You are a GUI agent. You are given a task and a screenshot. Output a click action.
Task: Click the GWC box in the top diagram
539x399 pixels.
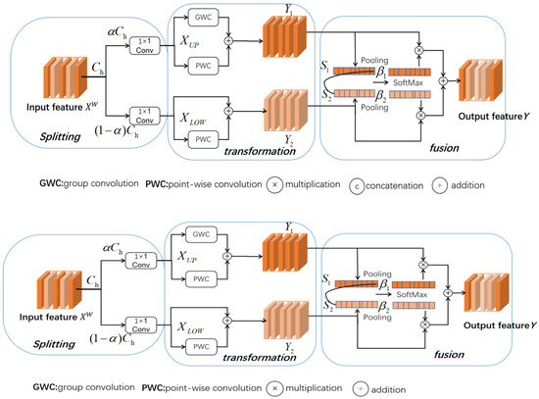203,18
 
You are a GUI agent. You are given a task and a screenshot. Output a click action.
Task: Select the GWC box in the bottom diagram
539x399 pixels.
201,234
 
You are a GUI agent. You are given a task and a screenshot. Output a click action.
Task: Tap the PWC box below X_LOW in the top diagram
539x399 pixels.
203,139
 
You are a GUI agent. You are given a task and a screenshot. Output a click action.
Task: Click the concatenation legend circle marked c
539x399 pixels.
357,186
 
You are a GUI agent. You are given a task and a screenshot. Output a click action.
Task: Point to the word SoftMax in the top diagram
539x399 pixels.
408,82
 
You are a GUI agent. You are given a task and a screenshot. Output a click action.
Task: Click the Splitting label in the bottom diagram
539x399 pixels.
54,344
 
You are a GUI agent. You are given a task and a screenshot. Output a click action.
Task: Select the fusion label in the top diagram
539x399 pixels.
444,148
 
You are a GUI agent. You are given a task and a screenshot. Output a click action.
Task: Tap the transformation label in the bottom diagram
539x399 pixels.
259,358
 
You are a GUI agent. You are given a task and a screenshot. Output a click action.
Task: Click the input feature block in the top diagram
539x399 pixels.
65,77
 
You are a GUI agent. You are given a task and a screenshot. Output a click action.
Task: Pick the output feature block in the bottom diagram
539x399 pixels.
486,293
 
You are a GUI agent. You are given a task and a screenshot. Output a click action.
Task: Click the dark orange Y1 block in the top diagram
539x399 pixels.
284,36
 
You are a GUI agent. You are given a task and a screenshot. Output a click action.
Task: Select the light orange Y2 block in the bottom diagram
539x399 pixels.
286,321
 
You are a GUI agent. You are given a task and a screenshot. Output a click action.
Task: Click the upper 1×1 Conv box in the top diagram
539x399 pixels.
145,46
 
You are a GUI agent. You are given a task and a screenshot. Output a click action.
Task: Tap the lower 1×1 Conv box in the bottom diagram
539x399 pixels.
141,325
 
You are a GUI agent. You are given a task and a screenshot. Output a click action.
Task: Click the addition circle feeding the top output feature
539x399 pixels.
443,80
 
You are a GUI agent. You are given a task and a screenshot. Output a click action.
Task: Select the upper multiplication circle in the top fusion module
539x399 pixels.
418,50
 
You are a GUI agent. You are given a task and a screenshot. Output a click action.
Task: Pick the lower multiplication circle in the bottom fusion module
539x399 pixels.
425,324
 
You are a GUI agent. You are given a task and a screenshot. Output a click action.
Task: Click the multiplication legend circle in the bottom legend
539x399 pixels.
274,388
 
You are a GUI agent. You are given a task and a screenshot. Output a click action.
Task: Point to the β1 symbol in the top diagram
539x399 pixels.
381,73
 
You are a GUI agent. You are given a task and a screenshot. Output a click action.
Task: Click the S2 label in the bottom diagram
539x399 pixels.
328,306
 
